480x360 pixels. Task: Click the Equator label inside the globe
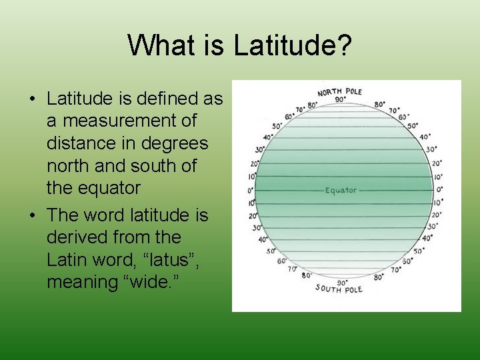point(341,191)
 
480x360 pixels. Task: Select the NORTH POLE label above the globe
point(340,91)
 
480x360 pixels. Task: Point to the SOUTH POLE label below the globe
point(339,289)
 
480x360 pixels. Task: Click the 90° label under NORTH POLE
point(340,100)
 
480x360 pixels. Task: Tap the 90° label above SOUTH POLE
point(341,281)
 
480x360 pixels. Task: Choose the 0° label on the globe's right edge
point(439,189)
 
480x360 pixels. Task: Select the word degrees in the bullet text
point(175,143)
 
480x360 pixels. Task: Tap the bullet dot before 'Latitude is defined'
point(33,99)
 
